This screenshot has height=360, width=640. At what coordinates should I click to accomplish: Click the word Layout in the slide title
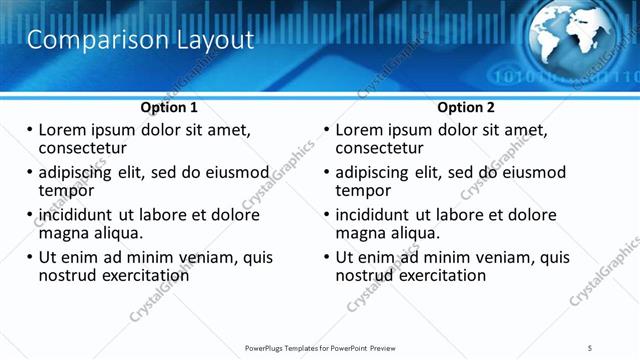coord(212,40)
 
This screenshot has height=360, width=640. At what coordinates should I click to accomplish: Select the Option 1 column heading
coord(169,107)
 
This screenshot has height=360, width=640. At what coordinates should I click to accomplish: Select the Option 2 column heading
coord(466,107)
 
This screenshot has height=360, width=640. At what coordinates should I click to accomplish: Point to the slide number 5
coord(591,347)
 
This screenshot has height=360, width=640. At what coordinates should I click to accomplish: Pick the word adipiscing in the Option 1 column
coord(80,172)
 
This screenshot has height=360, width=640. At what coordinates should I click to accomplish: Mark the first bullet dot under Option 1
coord(29,130)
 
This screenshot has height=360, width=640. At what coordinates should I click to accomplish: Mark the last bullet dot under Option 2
coord(327,257)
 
